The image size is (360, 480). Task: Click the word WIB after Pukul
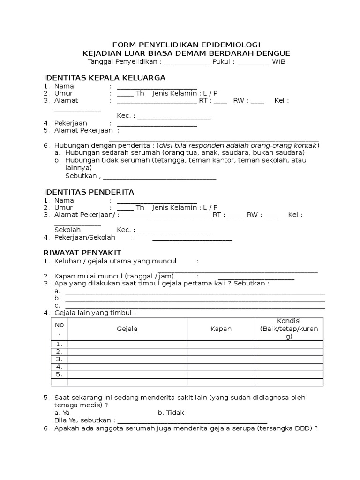pos(279,62)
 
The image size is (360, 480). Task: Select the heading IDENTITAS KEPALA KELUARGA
pos(105,77)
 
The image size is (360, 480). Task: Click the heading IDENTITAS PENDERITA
pos(89,192)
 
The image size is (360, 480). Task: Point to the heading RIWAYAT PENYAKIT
pos(82,253)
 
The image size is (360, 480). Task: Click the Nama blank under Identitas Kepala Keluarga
pos(157,88)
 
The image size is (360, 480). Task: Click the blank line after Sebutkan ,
pos(159,178)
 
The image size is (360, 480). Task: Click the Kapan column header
pos(221,329)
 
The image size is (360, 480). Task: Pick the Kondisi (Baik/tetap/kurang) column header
pos(289,329)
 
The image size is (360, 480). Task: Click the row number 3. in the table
pos(59,359)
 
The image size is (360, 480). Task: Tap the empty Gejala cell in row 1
pos(127,344)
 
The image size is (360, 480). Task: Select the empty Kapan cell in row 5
pos(221,375)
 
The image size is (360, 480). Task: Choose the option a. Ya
pos(62,412)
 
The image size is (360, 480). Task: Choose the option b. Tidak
pos(171,412)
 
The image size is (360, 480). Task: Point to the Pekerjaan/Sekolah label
pos(85,238)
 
